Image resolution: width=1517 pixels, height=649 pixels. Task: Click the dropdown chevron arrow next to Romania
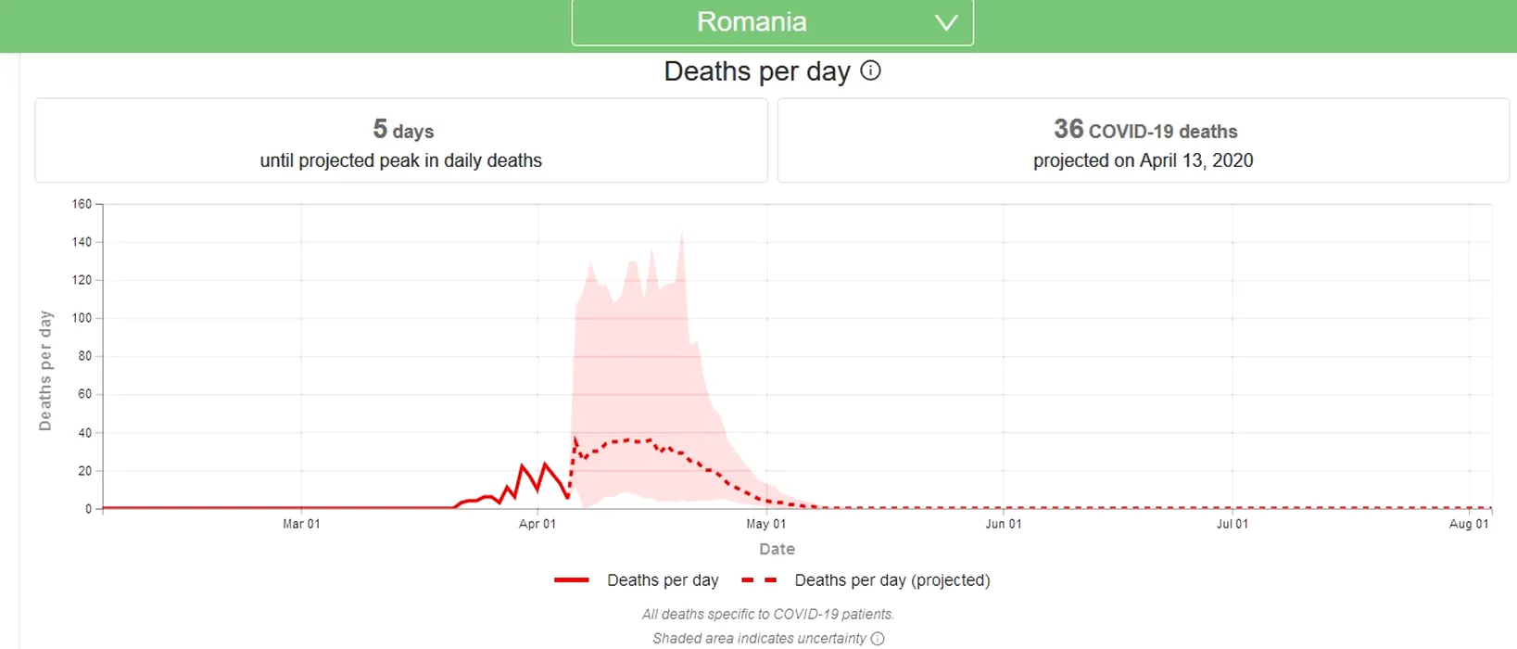coord(945,23)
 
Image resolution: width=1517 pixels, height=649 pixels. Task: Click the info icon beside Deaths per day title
coord(870,70)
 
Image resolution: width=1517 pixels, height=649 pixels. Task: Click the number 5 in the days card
coord(380,129)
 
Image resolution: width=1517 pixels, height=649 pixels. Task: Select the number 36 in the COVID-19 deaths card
coord(1068,129)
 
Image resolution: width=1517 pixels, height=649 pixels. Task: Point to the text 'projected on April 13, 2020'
coord(1143,160)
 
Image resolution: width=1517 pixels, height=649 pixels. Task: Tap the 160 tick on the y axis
coord(82,204)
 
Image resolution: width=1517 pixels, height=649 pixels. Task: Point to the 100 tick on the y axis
coord(82,318)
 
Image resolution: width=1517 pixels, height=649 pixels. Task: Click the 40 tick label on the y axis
coord(84,433)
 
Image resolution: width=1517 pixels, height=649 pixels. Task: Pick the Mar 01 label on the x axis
coord(301,524)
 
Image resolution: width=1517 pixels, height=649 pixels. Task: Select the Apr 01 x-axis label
coord(537,524)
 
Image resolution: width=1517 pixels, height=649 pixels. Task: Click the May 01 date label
coord(766,524)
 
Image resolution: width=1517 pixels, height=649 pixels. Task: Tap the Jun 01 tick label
coord(1004,524)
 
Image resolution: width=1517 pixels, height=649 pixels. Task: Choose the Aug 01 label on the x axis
coord(1469,524)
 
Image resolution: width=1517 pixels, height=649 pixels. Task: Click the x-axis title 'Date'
coord(777,549)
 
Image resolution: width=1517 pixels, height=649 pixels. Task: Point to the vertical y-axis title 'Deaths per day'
coord(45,371)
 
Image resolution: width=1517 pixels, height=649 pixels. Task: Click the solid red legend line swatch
coord(572,580)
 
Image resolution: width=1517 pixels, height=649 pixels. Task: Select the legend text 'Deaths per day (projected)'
coord(891,580)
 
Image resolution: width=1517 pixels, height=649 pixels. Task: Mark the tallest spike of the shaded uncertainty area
coord(682,235)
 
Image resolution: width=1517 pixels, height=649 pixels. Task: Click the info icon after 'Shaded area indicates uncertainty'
coord(878,639)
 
